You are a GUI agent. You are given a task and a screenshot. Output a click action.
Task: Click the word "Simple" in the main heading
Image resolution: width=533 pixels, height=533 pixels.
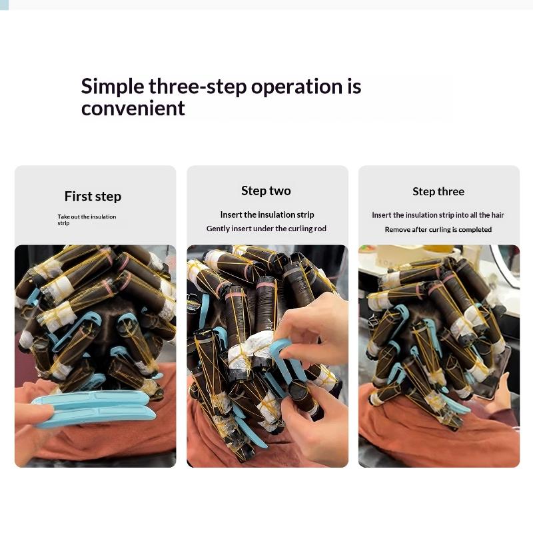pos(113,87)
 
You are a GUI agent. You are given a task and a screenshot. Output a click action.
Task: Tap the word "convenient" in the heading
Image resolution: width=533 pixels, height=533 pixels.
pos(133,109)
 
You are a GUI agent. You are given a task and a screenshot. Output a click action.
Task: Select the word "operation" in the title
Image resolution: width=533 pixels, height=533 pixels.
pos(296,87)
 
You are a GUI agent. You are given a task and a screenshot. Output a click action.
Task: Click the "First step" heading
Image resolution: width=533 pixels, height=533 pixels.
pos(93,197)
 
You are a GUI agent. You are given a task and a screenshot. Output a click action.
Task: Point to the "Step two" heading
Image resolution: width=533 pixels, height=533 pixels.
pos(266,191)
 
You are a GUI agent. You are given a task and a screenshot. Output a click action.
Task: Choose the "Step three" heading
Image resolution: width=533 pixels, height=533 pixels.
pos(438,191)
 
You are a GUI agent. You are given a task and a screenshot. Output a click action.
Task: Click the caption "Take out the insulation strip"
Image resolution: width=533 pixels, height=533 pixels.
pos(87,220)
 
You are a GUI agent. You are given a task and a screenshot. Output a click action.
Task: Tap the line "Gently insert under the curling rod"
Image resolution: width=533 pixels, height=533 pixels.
pos(266,229)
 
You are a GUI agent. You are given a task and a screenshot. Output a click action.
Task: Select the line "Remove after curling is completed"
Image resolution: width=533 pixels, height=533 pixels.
pos(438,229)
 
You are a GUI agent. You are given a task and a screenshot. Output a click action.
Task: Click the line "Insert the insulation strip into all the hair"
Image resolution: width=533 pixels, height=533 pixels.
pos(438,215)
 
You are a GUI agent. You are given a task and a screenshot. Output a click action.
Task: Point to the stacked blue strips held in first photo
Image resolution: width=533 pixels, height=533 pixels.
pos(93,408)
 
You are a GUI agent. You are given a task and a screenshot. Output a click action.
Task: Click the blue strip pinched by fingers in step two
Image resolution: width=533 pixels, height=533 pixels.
pos(286,357)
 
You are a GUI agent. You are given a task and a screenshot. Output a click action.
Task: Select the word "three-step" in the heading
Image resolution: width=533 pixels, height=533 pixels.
pos(198,87)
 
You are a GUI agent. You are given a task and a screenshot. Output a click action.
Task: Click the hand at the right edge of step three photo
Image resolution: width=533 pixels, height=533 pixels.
pos(500,398)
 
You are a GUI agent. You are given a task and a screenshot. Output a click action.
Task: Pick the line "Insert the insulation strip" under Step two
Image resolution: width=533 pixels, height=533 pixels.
pos(267,215)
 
